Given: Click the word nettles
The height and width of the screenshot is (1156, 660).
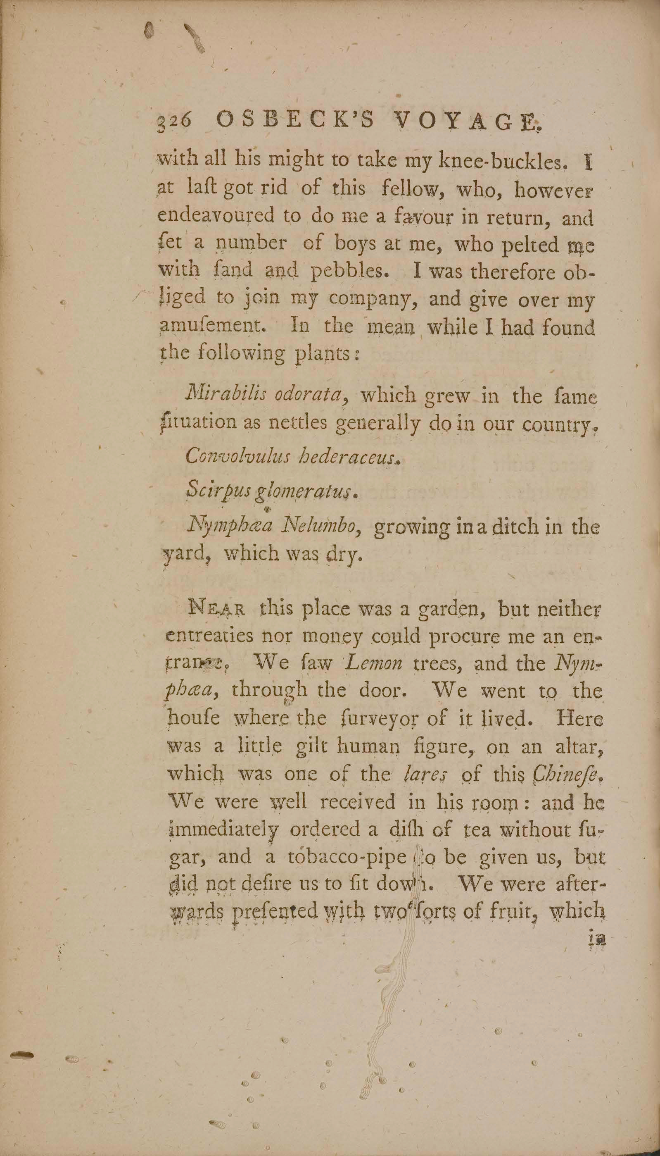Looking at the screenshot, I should pyautogui.click(x=297, y=423).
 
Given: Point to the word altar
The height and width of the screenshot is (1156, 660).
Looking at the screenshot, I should pyautogui.click(x=582, y=746).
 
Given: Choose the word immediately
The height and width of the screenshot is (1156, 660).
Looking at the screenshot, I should pyautogui.click(x=223, y=829).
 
